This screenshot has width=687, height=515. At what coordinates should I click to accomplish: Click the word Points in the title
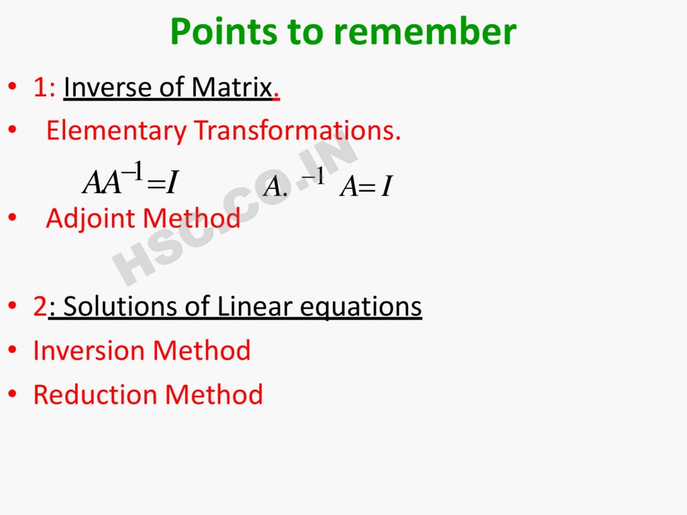224,32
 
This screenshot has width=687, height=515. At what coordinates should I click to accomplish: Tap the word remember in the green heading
425,32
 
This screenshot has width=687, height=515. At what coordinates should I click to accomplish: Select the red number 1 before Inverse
40,87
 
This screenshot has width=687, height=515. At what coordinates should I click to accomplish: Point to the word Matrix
231,87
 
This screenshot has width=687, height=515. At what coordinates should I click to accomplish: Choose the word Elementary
116,131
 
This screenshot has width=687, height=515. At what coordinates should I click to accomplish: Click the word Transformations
297,130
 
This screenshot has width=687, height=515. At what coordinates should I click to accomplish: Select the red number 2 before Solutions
40,306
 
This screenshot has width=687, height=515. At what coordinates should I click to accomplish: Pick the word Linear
254,306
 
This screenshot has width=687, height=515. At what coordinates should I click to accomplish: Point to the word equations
360,307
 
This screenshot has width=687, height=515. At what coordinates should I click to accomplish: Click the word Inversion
89,350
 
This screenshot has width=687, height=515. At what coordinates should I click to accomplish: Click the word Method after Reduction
214,394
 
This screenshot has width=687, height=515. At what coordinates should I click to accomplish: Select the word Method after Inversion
201,350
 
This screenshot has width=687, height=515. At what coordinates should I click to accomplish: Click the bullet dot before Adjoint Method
12,217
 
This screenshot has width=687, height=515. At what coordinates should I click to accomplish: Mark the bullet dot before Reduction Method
12,394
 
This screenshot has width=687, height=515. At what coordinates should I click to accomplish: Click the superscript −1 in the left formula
132,171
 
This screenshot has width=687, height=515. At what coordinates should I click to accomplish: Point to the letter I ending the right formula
386,186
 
